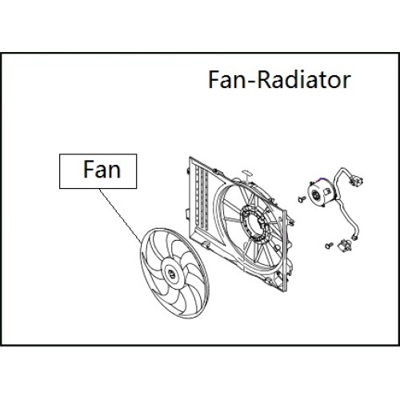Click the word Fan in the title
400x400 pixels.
[226, 80]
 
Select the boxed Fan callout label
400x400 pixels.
[98, 171]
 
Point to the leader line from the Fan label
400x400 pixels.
[121, 216]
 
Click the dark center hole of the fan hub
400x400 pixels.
[171, 274]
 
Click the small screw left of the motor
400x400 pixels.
[301, 199]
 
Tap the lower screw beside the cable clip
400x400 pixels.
[329, 245]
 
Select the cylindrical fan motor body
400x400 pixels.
[320, 194]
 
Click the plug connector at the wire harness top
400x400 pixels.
[355, 181]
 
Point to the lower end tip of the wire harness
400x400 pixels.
[354, 236]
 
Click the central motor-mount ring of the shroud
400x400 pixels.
[255, 223]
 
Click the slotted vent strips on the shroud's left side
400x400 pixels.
[202, 197]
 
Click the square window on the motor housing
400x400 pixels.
[327, 191]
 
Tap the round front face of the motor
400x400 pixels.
[315, 195]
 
